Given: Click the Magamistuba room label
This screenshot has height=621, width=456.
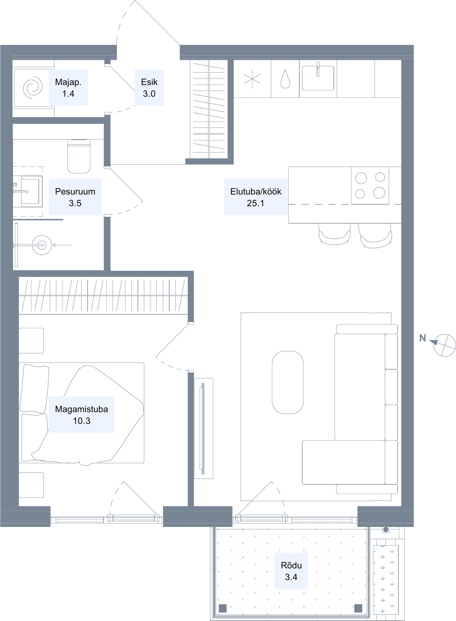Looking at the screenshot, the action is pyautogui.click(x=82, y=415).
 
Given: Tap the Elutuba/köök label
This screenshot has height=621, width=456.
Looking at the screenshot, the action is pyautogui.click(x=256, y=197).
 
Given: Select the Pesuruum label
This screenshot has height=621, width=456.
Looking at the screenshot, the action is pyautogui.click(x=75, y=197).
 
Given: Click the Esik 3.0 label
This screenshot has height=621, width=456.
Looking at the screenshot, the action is pyautogui.click(x=149, y=88).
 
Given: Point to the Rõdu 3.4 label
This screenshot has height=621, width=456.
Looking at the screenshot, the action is pyautogui.click(x=291, y=571).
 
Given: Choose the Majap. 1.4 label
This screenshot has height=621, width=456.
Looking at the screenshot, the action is pyautogui.click(x=68, y=88).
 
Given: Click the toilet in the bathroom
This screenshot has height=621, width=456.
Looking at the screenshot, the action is pyautogui.click(x=79, y=156).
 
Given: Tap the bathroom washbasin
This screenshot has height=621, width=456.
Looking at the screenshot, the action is pyautogui.click(x=31, y=191).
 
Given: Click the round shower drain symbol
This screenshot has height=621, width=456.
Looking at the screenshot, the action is pyautogui.click(x=42, y=245).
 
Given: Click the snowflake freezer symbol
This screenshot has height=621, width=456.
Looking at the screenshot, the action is pyautogui.click(x=252, y=79).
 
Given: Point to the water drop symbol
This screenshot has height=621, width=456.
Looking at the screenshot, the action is pyautogui.click(x=285, y=79).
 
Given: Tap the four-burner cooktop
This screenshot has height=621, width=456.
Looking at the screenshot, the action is pyautogui.click(x=370, y=185).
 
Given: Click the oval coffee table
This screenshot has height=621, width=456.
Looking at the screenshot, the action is pyautogui.click(x=288, y=383).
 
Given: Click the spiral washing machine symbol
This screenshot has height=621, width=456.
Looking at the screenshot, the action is pyautogui.click(x=32, y=88).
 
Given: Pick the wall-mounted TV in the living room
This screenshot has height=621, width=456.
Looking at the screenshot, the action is pyautogui.click(x=203, y=428).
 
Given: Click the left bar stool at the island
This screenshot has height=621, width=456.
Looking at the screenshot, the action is pyautogui.click(x=335, y=234).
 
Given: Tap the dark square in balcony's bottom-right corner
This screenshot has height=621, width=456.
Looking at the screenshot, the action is pyautogui.click(x=358, y=608).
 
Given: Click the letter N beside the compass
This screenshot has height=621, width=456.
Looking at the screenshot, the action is pyautogui.click(x=422, y=338).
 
